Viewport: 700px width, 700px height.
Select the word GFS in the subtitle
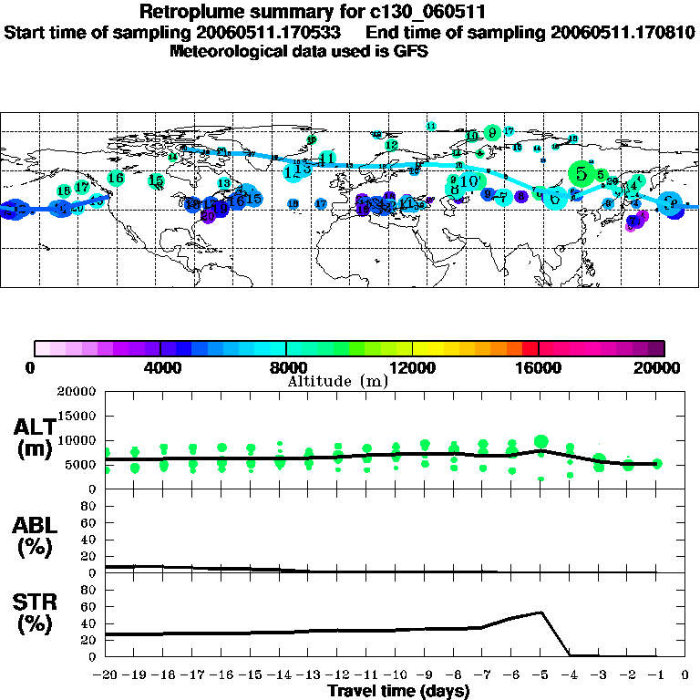pyautogui.click(x=410, y=51)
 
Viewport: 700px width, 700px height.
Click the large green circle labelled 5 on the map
pyautogui.click(x=581, y=172)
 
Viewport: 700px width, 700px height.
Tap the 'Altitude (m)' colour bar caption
pyautogui.click(x=337, y=381)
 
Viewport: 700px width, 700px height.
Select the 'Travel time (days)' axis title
pyautogui.click(x=398, y=691)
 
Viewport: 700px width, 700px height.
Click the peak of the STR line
pyautogui.click(x=542, y=612)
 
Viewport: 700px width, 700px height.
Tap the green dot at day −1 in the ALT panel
pyautogui.click(x=657, y=464)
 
